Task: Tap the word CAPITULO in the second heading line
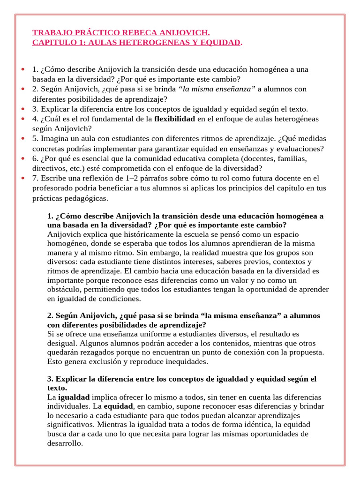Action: [x=52, y=43]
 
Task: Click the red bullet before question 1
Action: [x=22, y=70]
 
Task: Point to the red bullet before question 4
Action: [x=22, y=119]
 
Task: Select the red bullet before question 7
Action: [x=22, y=178]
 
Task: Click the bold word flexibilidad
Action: [x=174, y=119]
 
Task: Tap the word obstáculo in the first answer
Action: [x=65, y=289]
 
